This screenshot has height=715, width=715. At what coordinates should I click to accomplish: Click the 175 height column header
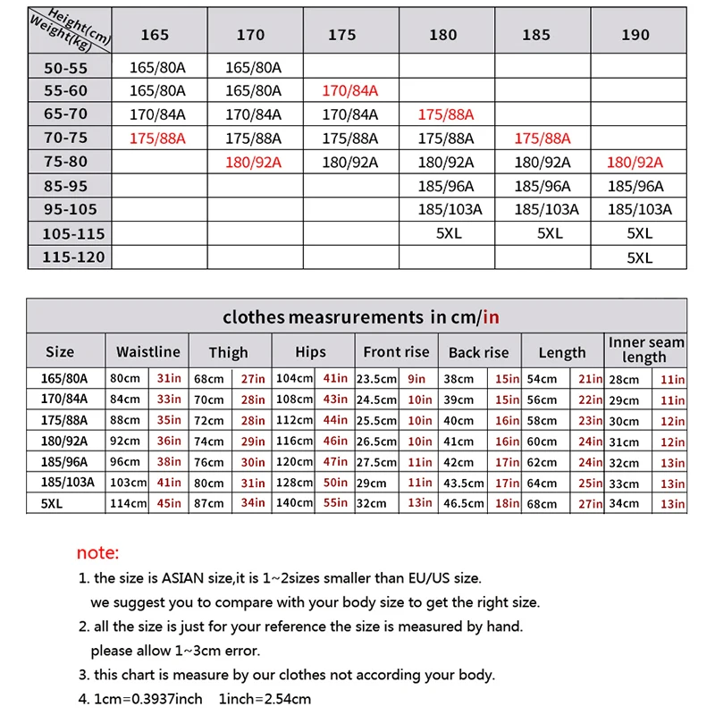coord(341,35)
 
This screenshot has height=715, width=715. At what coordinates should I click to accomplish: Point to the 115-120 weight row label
coord(72,257)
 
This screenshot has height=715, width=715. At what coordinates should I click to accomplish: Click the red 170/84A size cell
coord(350,91)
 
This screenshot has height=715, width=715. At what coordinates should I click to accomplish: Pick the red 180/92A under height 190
coord(635,162)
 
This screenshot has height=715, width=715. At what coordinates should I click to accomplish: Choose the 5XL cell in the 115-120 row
coord(640,257)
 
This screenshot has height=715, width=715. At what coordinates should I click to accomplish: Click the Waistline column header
coord(148,351)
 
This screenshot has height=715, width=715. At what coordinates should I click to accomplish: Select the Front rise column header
coord(397,351)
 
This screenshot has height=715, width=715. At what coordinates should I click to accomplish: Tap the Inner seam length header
coord(646,349)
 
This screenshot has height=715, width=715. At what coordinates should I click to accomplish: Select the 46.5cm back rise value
coord(465,504)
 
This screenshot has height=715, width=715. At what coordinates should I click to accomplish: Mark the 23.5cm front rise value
coord(376,379)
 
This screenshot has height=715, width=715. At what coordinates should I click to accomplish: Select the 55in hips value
coord(335,504)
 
